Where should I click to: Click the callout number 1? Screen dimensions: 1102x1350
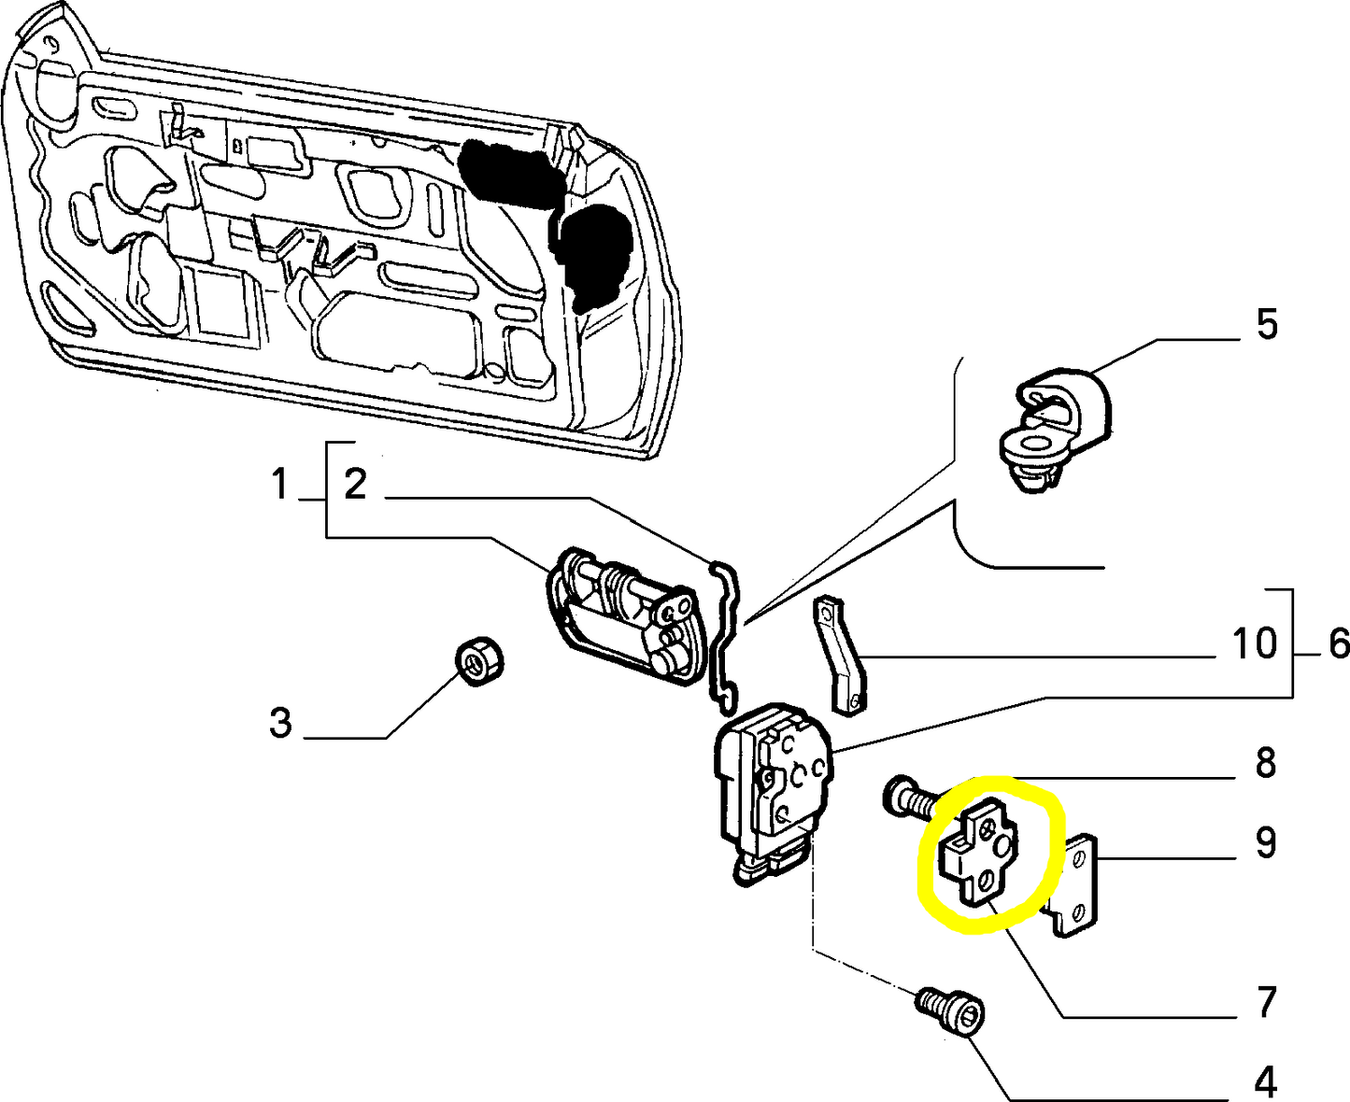click(x=279, y=486)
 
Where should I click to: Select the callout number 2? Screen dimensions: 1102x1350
click(x=355, y=486)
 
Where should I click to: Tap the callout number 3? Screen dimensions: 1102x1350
click(x=280, y=723)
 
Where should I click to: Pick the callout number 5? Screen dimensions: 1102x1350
click(x=1266, y=325)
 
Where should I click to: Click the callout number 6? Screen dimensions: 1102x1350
click(x=1337, y=643)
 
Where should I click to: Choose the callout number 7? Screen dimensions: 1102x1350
click(x=1265, y=1002)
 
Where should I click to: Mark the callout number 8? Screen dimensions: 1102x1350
click(x=1265, y=763)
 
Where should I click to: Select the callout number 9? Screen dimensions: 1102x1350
click(x=1265, y=842)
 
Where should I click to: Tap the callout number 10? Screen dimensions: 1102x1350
click(x=1254, y=643)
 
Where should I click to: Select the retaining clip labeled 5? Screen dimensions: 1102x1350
click(x=1051, y=425)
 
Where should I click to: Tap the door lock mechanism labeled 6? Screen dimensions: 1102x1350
click(x=771, y=789)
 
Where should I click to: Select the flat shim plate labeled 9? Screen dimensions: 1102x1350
click(x=1077, y=883)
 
